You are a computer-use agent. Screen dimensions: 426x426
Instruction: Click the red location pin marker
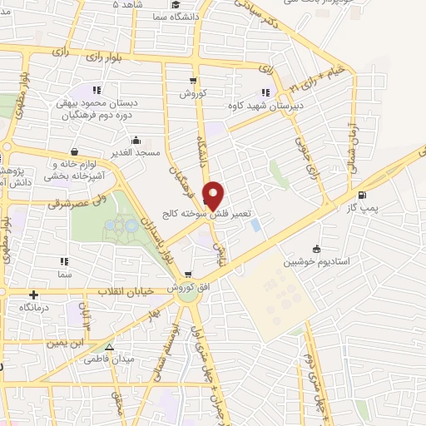[213, 194]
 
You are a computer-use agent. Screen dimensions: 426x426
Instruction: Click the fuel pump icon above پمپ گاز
[360, 172]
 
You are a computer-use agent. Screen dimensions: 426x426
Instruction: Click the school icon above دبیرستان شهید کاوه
[265, 92]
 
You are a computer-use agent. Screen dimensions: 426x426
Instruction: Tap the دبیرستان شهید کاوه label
[266, 106]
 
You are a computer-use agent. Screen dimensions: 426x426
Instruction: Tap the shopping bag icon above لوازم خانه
[76, 151]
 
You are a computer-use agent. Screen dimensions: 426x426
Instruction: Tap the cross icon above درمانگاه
[33, 295]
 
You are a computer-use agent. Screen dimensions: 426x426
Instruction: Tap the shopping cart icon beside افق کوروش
[189, 275]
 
